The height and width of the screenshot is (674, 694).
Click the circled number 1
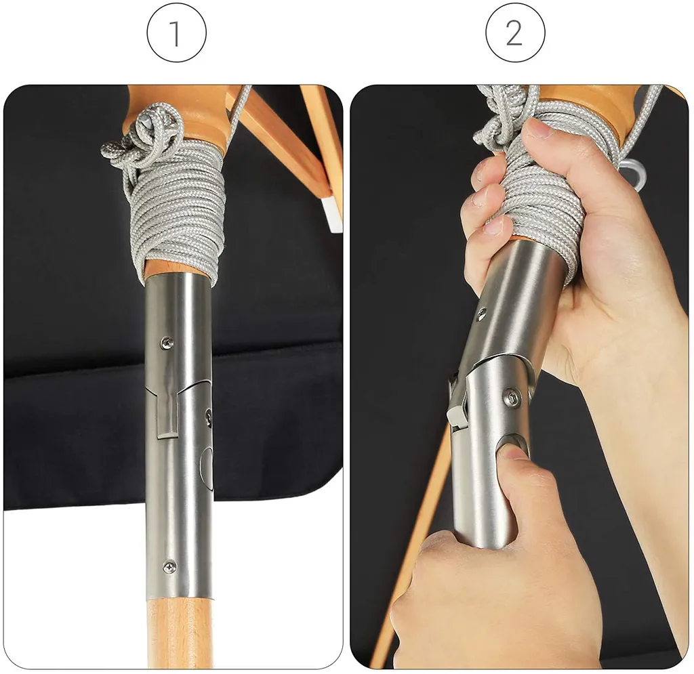coord(177,33)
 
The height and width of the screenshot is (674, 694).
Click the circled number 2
coord(515,33)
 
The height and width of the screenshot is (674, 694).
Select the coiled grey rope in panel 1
coord(177,208)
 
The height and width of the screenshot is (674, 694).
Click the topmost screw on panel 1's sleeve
coord(167,342)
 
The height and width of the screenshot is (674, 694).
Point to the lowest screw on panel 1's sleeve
coord(170,566)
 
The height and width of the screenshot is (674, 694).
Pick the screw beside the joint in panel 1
coord(209,417)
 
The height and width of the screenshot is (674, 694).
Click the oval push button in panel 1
coord(207,468)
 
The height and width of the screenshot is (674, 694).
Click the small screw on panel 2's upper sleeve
coord(481,314)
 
